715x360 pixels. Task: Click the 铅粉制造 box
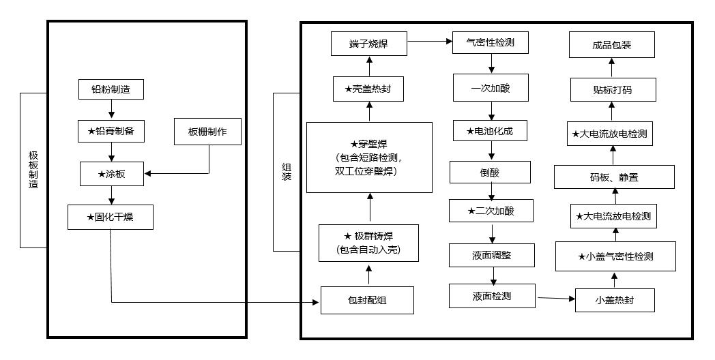click(111, 89)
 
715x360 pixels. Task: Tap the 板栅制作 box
click(208, 132)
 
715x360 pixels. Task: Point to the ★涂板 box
click(111, 174)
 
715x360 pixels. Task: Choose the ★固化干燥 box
click(110, 217)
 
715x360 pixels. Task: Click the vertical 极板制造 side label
click(33, 170)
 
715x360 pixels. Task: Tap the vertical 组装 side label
click(287, 171)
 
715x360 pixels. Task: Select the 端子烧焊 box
click(369, 44)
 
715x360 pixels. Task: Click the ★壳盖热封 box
click(369, 89)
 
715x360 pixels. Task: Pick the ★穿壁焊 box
click(369, 157)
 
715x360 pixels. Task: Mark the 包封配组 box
click(367, 300)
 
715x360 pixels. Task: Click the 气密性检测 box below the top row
click(491, 44)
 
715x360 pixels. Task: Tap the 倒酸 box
click(490, 172)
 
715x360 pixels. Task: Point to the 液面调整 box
click(491, 255)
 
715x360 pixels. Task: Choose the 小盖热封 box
click(615, 300)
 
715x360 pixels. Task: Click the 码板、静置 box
click(614, 178)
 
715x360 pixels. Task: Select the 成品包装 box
click(611, 45)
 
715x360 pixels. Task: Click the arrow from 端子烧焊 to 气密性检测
click(431, 42)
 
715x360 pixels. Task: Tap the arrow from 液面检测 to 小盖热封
click(555, 298)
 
